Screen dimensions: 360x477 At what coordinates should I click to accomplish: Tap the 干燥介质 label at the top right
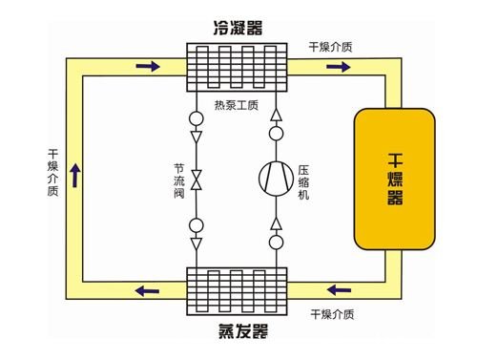pyautogui.click(x=331, y=45)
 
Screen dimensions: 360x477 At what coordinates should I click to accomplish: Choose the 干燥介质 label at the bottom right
pyautogui.click(x=333, y=313)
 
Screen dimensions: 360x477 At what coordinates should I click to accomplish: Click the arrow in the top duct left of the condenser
pyautogui.click(x=148, y=67)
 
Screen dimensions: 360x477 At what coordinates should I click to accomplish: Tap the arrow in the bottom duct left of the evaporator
pyautogui.click(x=145, y=290)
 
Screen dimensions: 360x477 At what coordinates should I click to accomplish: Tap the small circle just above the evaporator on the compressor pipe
pyautogui.click(x=278, y=243)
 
